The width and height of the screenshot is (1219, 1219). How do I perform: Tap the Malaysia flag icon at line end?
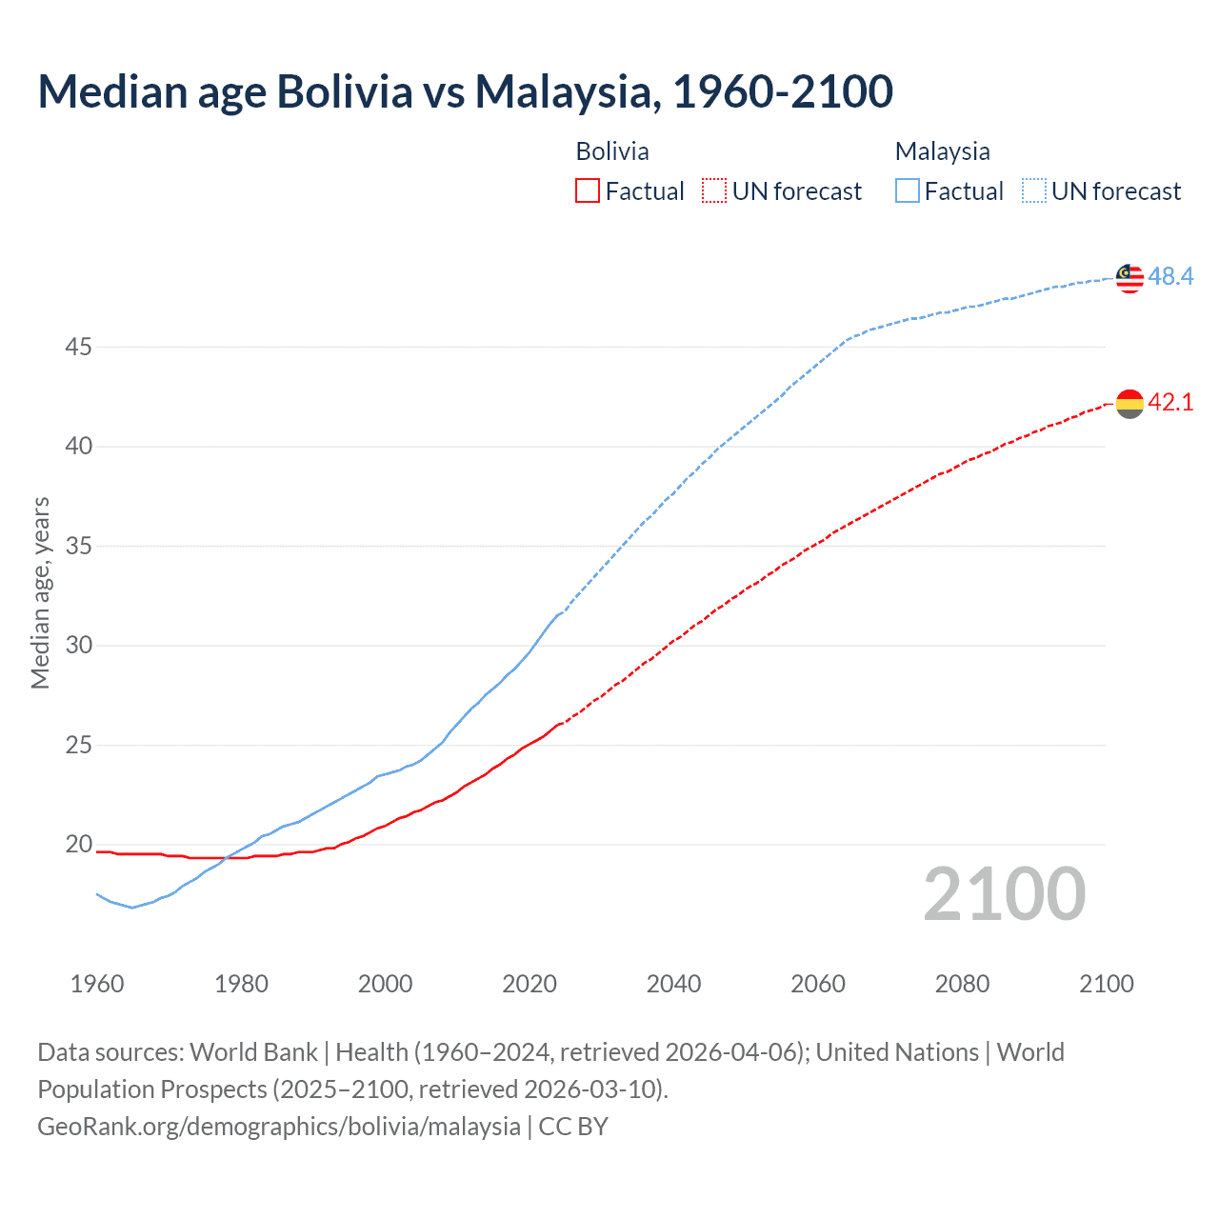pyautogui.click(x=1129, y=278)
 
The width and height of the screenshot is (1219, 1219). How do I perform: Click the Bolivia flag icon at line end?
pyautogui.click(x=1129, y=404)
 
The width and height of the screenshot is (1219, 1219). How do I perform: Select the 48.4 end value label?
pyautogui.click(x=1170, y=277)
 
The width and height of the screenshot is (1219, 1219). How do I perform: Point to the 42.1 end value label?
pyautogui.click(x=1170, y=403)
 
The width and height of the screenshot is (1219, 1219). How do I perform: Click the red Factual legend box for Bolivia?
pyautogui.click(x=588, y=191)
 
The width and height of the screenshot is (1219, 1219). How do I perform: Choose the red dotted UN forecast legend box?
pyautogui.click(x=714, y=191)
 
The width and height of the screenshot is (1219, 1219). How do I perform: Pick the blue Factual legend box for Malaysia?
pyautogui.click(x=908, y=191)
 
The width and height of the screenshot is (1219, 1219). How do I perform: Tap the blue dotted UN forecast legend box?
pyautogui.click(x=1034, y=191)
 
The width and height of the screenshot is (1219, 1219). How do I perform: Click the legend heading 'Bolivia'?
pyautogui.click(x=612, y=151)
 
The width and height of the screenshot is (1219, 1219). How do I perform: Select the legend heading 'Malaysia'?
pyautogui.click(x=942, y=151)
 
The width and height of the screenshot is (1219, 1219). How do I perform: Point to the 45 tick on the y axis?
pyautogui.click(x=78, y=348)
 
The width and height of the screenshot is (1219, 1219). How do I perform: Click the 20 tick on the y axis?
pyautogui.click(x=78, y=845)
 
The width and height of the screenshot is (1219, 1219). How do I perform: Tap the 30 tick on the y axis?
pyautogui.click(x=78, y=646)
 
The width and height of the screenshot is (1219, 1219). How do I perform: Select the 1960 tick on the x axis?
pyautogui.click(x=97, y=984)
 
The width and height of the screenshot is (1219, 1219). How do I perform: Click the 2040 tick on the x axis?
pyautogui.click(x=673, y=984)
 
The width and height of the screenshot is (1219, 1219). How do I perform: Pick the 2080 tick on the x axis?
pyautogui.click(x=962, y=984)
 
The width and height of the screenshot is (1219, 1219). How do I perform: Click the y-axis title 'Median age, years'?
pyautogui.click(x=40, y=592)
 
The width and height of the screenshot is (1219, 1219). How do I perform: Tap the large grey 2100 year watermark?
pyautogui.click(x=1004, y=894)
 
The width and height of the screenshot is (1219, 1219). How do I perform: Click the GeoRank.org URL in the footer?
pyautogui.click(x=279, y=1127)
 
